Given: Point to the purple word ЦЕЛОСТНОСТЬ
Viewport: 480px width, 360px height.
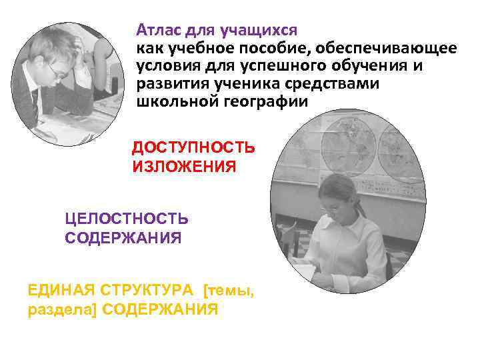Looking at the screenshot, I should (126, 219).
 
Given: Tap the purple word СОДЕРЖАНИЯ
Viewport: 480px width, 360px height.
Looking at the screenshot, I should (123, 238).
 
